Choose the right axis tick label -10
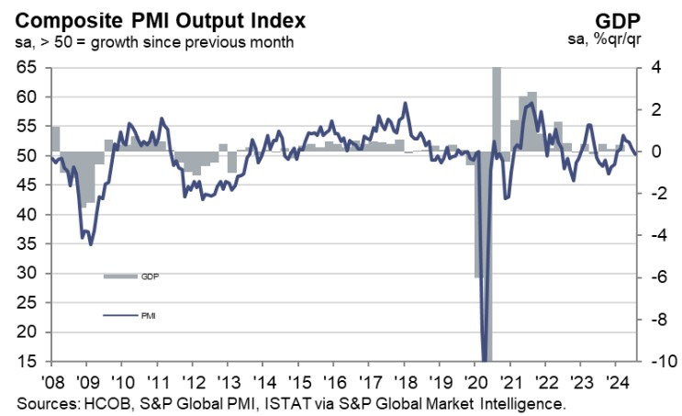657,361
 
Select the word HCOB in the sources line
110,403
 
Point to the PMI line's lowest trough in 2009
90,243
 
